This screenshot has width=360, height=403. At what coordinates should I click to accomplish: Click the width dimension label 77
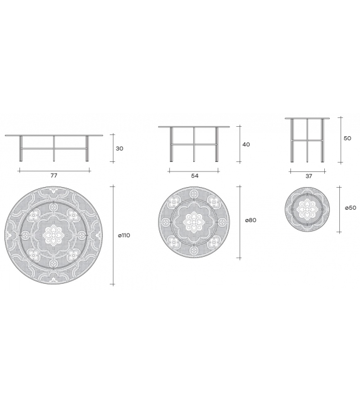click(54, 176)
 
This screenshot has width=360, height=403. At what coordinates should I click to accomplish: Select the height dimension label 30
click(119, 149)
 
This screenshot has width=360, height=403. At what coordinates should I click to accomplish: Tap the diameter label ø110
click(124, 235)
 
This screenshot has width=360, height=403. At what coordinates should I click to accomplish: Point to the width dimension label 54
click(194, 176)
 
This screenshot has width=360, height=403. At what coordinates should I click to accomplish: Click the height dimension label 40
click(246, 144)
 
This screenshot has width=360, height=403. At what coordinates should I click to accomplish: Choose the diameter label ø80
click(251, 220)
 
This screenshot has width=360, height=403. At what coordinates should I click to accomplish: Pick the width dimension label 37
click(309, 176)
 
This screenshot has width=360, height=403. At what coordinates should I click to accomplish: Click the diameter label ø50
click(351, 208)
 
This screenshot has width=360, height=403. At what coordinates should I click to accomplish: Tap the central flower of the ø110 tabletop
click(53, 235)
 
